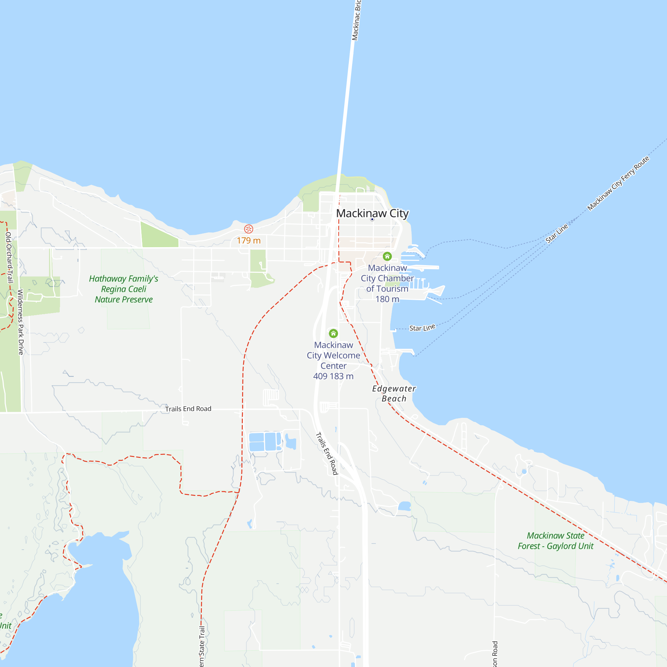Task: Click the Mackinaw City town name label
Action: [372, 213]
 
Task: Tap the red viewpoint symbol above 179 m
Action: [248, 229]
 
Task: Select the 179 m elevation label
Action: [248, 241]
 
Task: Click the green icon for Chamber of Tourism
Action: [387, 256]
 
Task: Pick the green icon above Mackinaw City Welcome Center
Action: [333, 333]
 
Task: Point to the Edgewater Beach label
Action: [394, 394]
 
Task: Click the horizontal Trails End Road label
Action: [188, 409]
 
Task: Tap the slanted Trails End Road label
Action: [326, 454]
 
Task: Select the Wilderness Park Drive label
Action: [21, 322]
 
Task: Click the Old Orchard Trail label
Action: [9, 257]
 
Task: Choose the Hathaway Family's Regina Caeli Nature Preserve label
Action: [124, 289]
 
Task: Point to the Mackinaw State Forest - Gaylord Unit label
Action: [556, 541]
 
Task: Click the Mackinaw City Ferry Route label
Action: [618, 183]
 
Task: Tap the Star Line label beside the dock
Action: [422, 327]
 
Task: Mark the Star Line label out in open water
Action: [557, 233]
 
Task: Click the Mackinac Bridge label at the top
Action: [356, 20]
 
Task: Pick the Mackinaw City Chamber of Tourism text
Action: [387, 278]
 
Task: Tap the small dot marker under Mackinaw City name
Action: [372, 219]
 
